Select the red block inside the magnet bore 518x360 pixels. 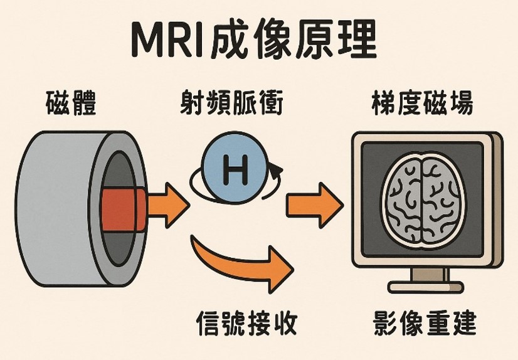[122, 207]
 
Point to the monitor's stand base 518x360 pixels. [425, 287]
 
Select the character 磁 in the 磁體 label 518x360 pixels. [59, 103]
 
